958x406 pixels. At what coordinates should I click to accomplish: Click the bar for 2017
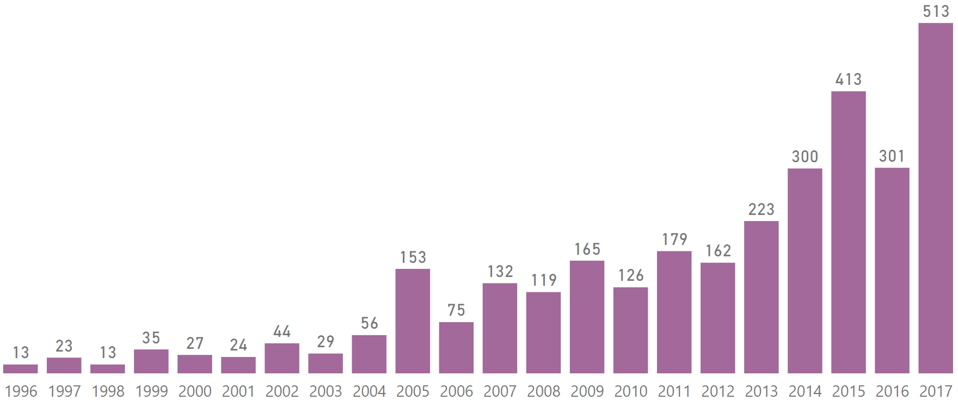[x=935, y=198]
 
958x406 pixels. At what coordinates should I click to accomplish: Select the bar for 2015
[x=848, y=232]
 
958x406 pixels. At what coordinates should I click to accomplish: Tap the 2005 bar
[x=413, y=321]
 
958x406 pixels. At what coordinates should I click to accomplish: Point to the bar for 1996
[x=21, y=369]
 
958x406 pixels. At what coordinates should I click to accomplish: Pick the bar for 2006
[x=456, y=348]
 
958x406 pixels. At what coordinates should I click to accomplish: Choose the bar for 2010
[x=630, y=330]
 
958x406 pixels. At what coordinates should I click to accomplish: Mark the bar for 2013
[x=761, y=297]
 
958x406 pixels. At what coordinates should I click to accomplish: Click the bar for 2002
[x=282, y=358]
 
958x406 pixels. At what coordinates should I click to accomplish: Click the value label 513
[x=936, y=11]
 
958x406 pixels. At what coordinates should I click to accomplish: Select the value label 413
[x=849, y=79]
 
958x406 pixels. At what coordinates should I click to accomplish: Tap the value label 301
[x=892, y=156]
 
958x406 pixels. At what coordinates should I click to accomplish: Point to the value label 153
[x=413, y=257]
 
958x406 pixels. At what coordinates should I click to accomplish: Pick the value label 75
[x=456, y=310]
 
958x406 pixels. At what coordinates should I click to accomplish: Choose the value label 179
[x=674, y=239]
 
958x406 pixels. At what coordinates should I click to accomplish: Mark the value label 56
[x=369, y=323]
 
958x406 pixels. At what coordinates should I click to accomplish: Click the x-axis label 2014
[x=805, y=391]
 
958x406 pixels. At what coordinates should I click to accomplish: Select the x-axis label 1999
[x=151, y=391]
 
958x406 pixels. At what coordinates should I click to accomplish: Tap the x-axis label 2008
[x=543, y=391]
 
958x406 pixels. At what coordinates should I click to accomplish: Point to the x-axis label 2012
[x=717, y=391]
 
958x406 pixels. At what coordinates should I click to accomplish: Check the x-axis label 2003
[x=326, y=391]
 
